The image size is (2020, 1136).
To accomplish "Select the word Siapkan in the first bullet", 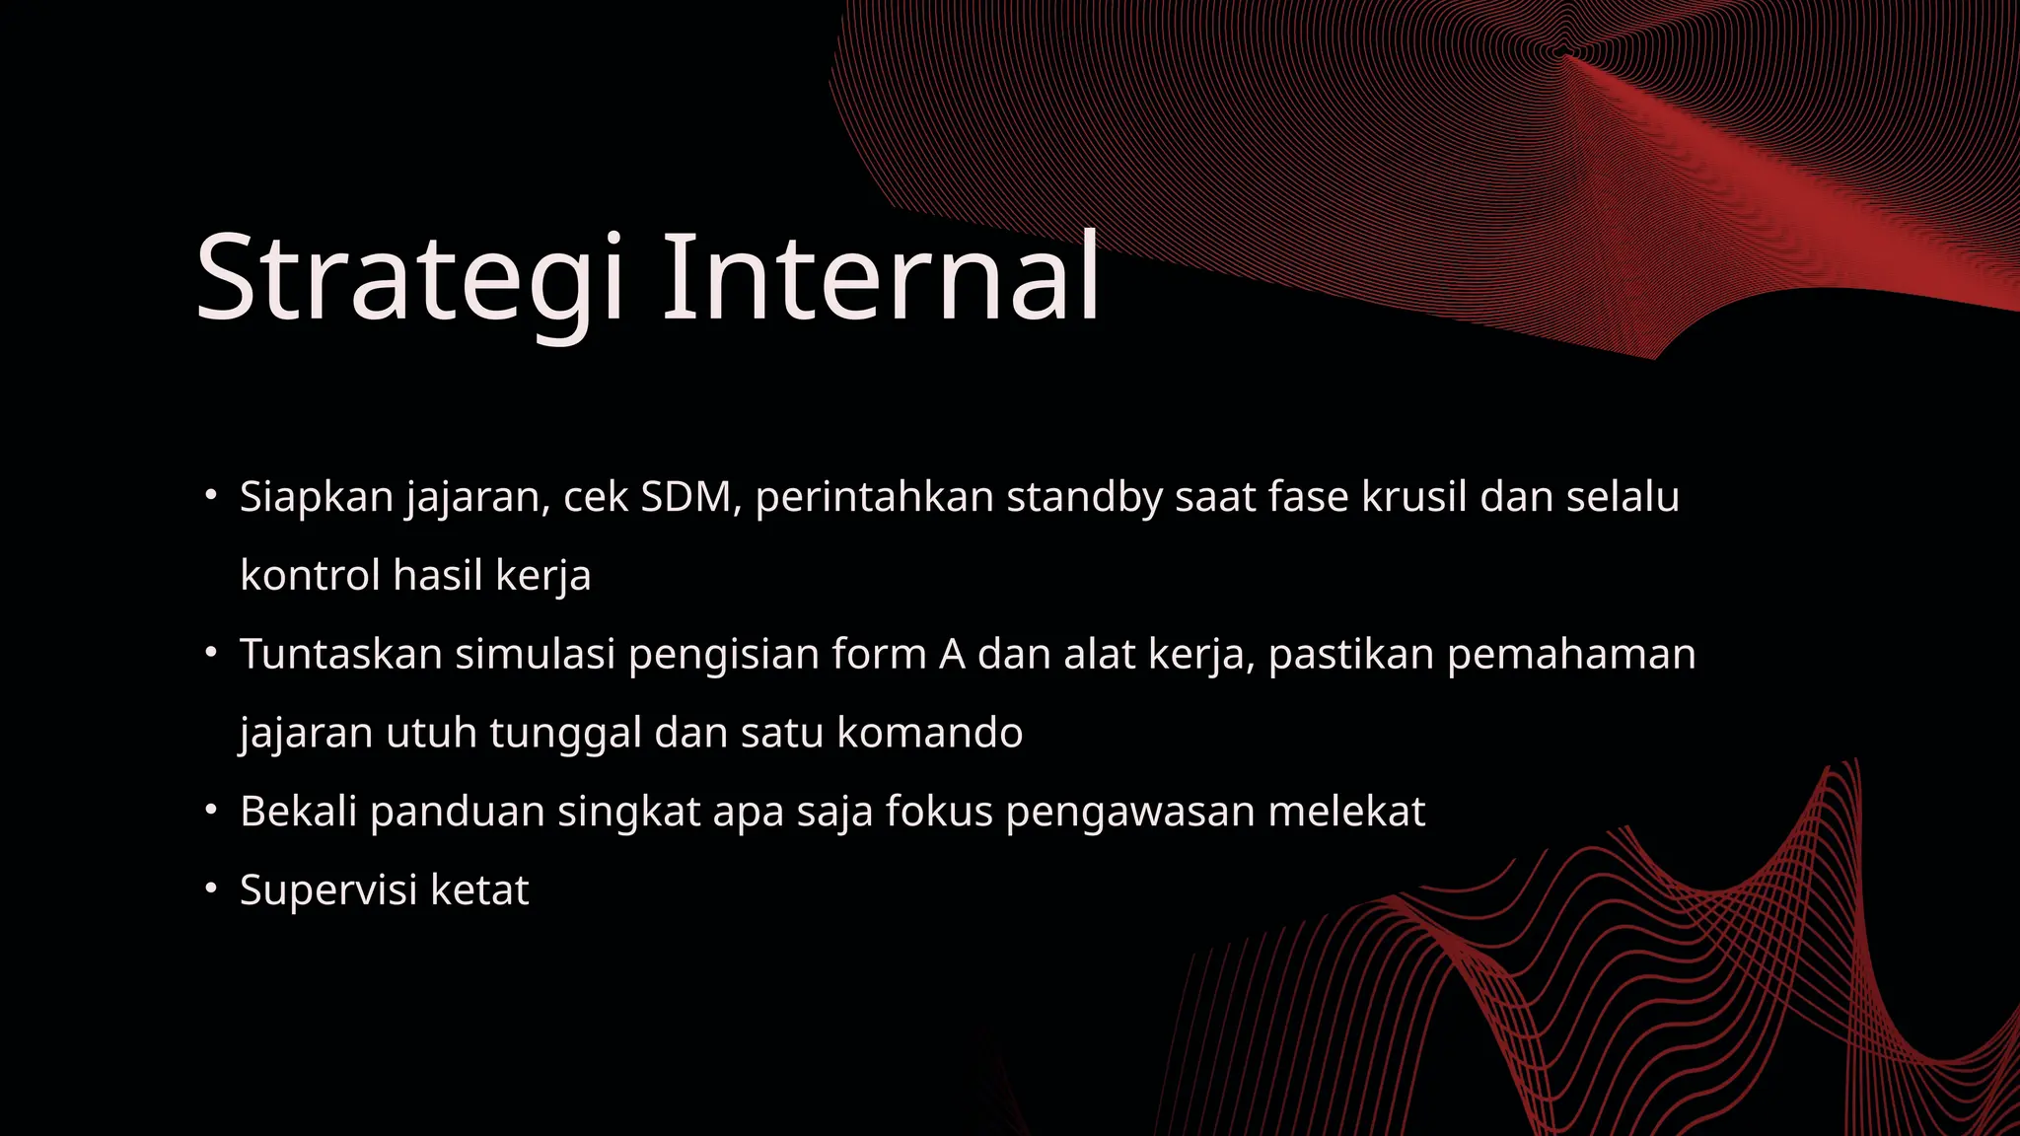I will click(317, 498).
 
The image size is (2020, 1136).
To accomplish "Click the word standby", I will click(1084, 498).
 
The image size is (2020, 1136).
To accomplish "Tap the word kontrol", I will click(310, 576).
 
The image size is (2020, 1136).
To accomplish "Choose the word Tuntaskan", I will click(341, 655).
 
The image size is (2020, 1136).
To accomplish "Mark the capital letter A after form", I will click(952, 655).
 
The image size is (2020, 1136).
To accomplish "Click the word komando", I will click(929, 734).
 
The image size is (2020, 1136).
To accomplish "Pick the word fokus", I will click(939, 813).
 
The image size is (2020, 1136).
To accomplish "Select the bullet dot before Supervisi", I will click(210, 888).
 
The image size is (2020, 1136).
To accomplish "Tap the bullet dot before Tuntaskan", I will click(210, 653).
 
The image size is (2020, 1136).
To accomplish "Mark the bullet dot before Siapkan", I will click(210, 495).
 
